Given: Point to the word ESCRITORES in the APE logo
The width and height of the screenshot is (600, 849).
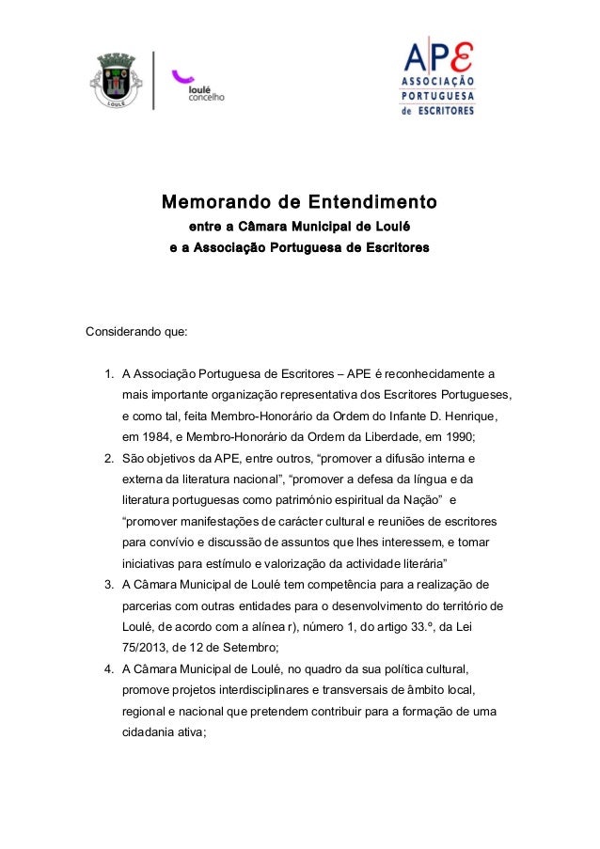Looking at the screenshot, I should pyautogui.click(x=447, y=109).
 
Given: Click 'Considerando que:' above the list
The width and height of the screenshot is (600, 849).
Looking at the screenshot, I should pyautogui.click(x=136, y=332).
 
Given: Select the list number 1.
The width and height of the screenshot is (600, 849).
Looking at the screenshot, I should pyautogui.click(x=108, y=373).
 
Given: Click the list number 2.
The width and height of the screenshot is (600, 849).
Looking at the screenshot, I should pyautogui.click(x=108, y=459).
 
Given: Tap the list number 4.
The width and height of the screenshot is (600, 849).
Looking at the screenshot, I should pyautogui.click(x=108, y=668).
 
